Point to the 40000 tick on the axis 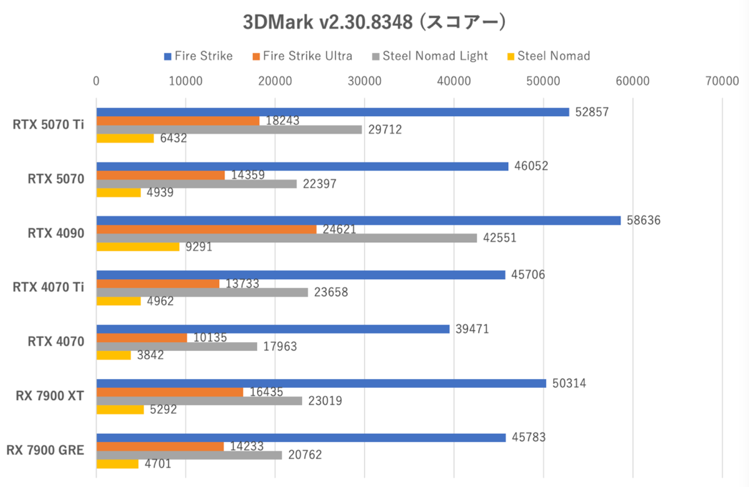click(454, 81)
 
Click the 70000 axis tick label click(722, 81)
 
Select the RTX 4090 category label click(56, 234)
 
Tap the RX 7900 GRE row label click(46, 450)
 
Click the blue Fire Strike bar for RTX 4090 click(358, 220)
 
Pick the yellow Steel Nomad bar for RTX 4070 click(114, 355)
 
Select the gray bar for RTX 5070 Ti click(229, 129)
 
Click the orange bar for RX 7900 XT click(170, 391)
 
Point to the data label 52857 click(591, 112)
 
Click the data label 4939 click(160, 193)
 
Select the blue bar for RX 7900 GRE click(301, 438)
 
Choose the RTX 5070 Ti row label click(49, 125)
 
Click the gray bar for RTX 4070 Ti click(202, 292)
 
